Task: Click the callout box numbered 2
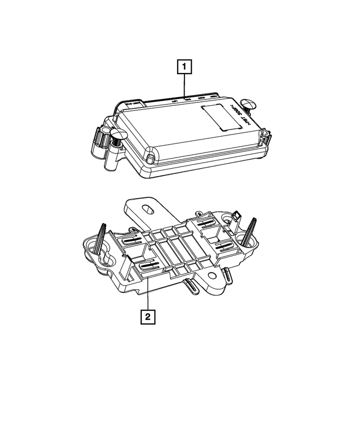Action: tap(147, 317)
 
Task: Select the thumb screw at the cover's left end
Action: tap(119, 135)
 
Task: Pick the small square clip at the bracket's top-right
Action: tap(237, 215)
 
